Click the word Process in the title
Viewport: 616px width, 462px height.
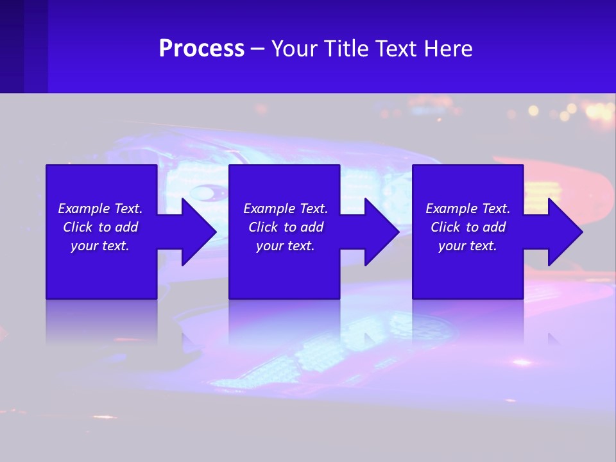coord(201,49)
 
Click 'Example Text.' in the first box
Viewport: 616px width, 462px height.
coord(100,209)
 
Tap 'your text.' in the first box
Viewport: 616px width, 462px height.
coord(100,246)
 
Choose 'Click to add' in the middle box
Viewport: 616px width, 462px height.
coord(286,227)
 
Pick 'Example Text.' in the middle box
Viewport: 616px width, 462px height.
coord(286,209)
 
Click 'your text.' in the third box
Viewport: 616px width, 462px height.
coord(468,246)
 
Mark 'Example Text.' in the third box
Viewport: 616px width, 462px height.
coord(468,209)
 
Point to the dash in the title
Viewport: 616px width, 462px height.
coord(257,49)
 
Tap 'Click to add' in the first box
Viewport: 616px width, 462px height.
coord(100,227)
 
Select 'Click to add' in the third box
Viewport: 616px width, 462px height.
coord(468,227)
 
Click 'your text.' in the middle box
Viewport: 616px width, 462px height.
coord(286,246)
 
